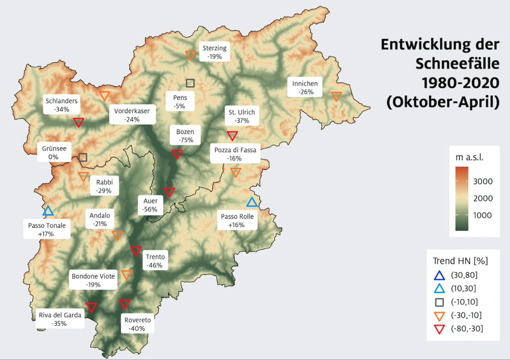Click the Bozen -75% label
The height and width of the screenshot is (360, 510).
pyautogui.click(x=185, y=136)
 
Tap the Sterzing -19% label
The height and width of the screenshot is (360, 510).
pyautogui.click(x=215, y=52)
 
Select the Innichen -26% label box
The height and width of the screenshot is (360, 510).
pyautogui.click(x=305, y=88)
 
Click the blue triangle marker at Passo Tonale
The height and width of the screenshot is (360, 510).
pyautogui.click(x=48, y=211)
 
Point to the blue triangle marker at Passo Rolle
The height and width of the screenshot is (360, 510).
pyautogui.click(x=252, y=202)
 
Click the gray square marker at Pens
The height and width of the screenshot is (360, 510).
pyautogui.click(x=190, y=83)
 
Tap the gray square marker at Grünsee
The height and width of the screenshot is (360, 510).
pyautogui.click(x=83, y=158)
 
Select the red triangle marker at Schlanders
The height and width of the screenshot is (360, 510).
pyautogui.click(x=78, y=122)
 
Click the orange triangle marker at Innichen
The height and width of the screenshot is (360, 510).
pyautogui.click(x=336, y=96)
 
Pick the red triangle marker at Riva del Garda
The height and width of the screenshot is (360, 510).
pyautogui.click(x=91, y=307)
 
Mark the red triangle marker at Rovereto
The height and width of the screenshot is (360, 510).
pyautogui.click(x=124, y=303)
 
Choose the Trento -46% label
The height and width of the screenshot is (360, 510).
pyautogui.click(x=155, y=261)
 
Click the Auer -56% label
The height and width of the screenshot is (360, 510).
pyautogui.click(x=150, y=205)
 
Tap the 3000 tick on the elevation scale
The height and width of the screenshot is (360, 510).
pyautogui.click(x=482, y=181)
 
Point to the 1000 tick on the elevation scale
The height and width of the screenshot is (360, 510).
pyautogui.click(x=482, y=215)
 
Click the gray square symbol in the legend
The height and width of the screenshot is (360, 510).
pyautogui.click(x=439, y=302)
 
